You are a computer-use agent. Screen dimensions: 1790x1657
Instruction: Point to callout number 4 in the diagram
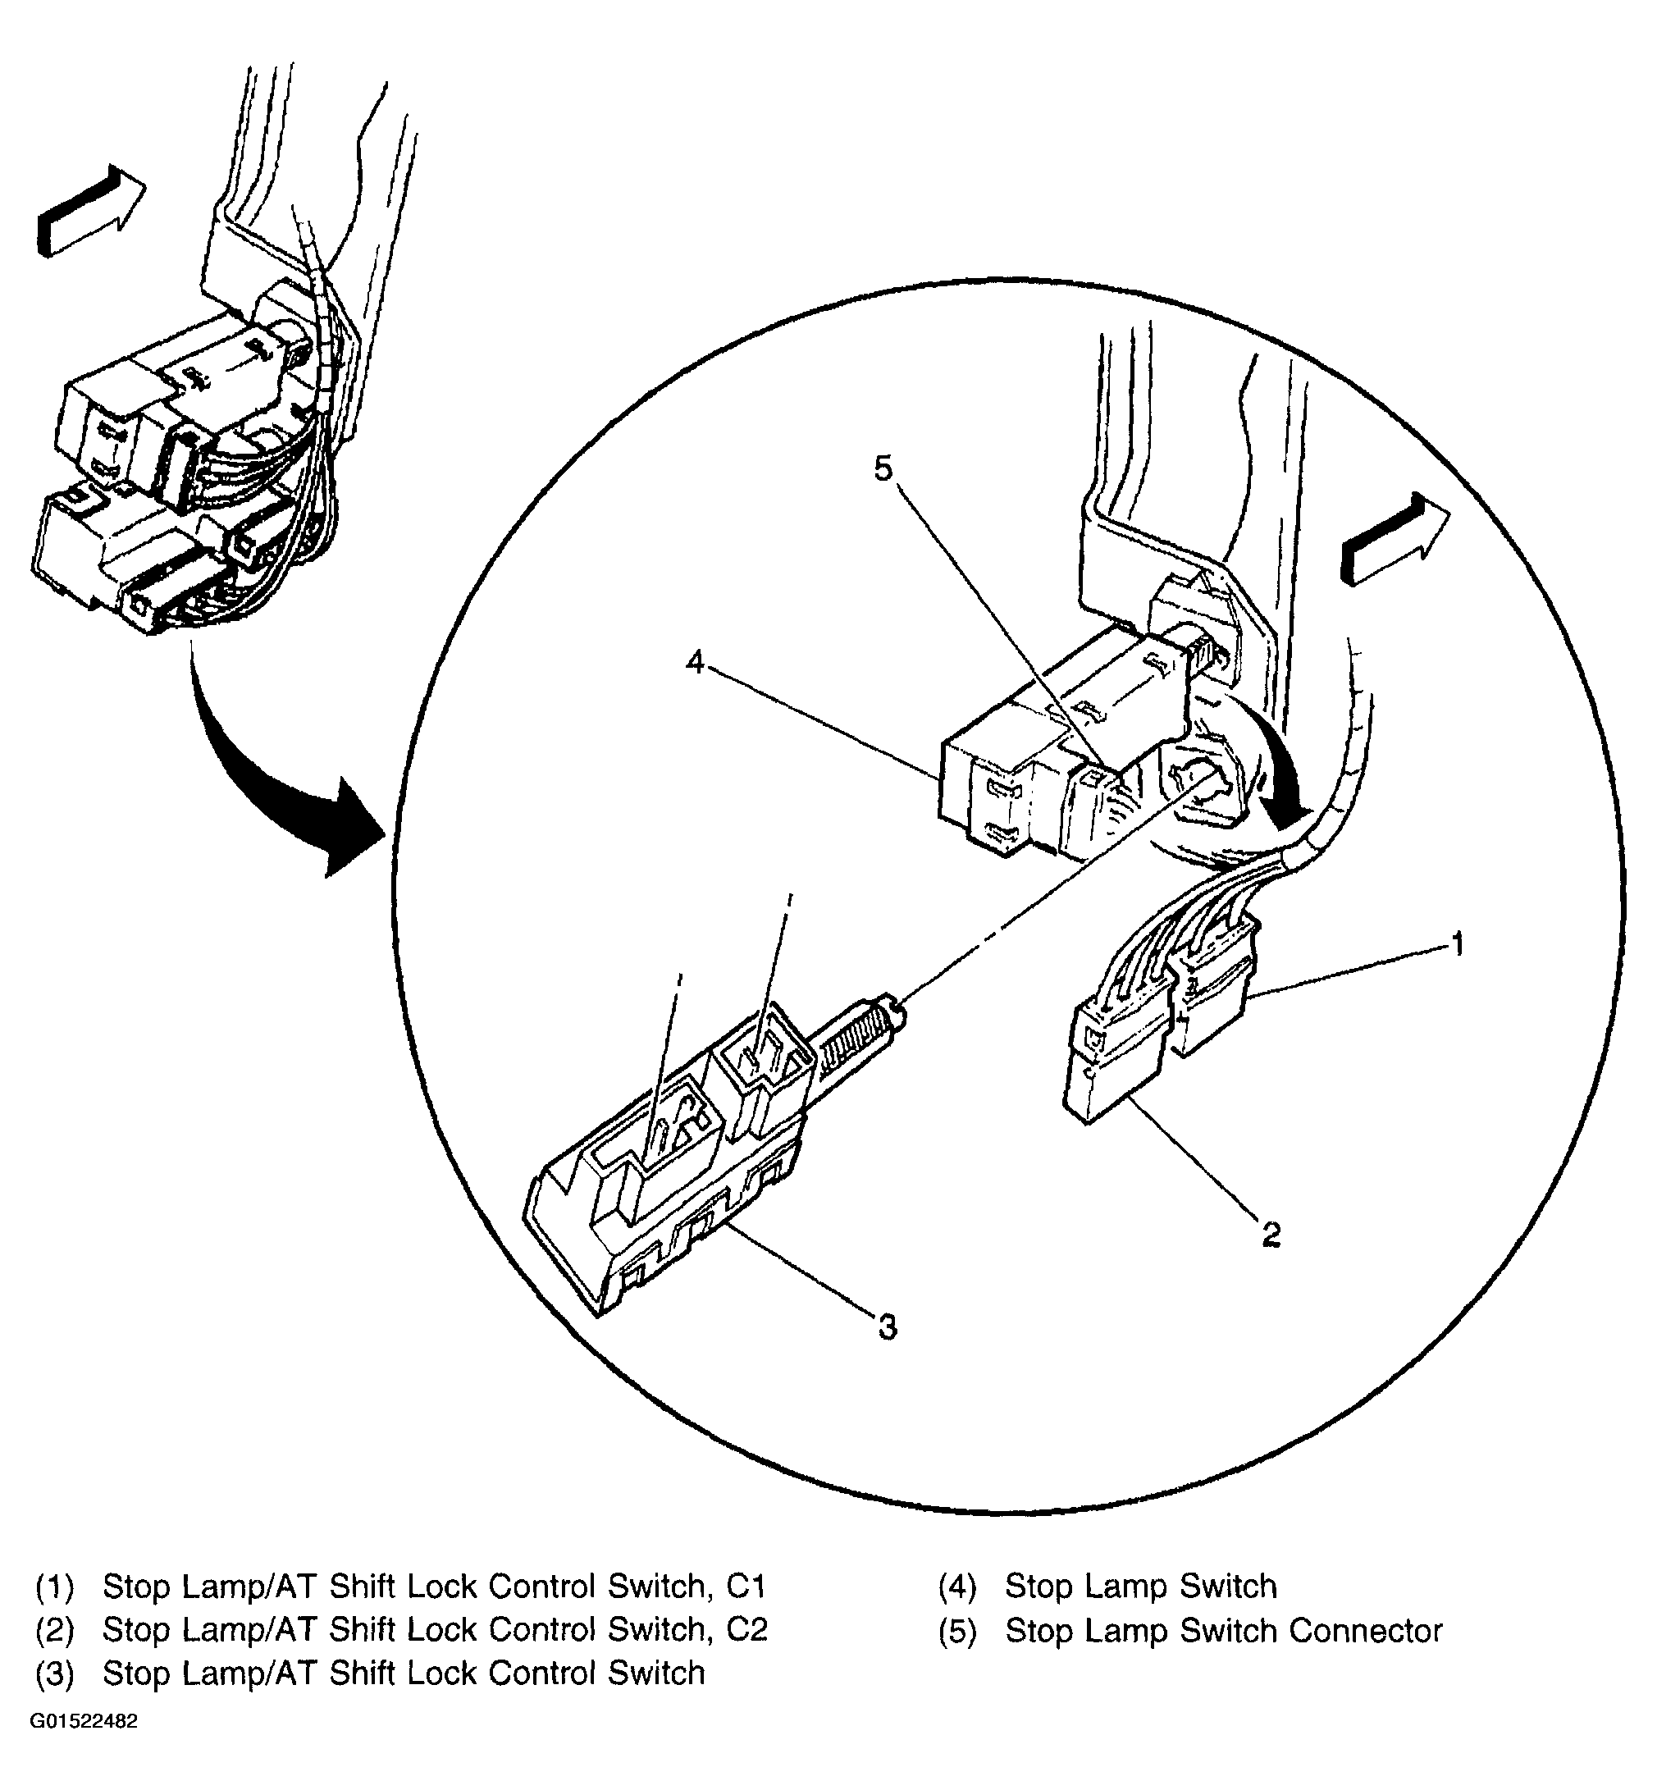[695, 662]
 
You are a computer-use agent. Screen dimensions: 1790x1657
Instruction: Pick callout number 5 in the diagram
[884, 468]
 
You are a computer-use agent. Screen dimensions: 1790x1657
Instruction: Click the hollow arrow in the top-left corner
[89, 211]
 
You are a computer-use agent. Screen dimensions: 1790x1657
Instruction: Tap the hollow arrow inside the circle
[1394, 539]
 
